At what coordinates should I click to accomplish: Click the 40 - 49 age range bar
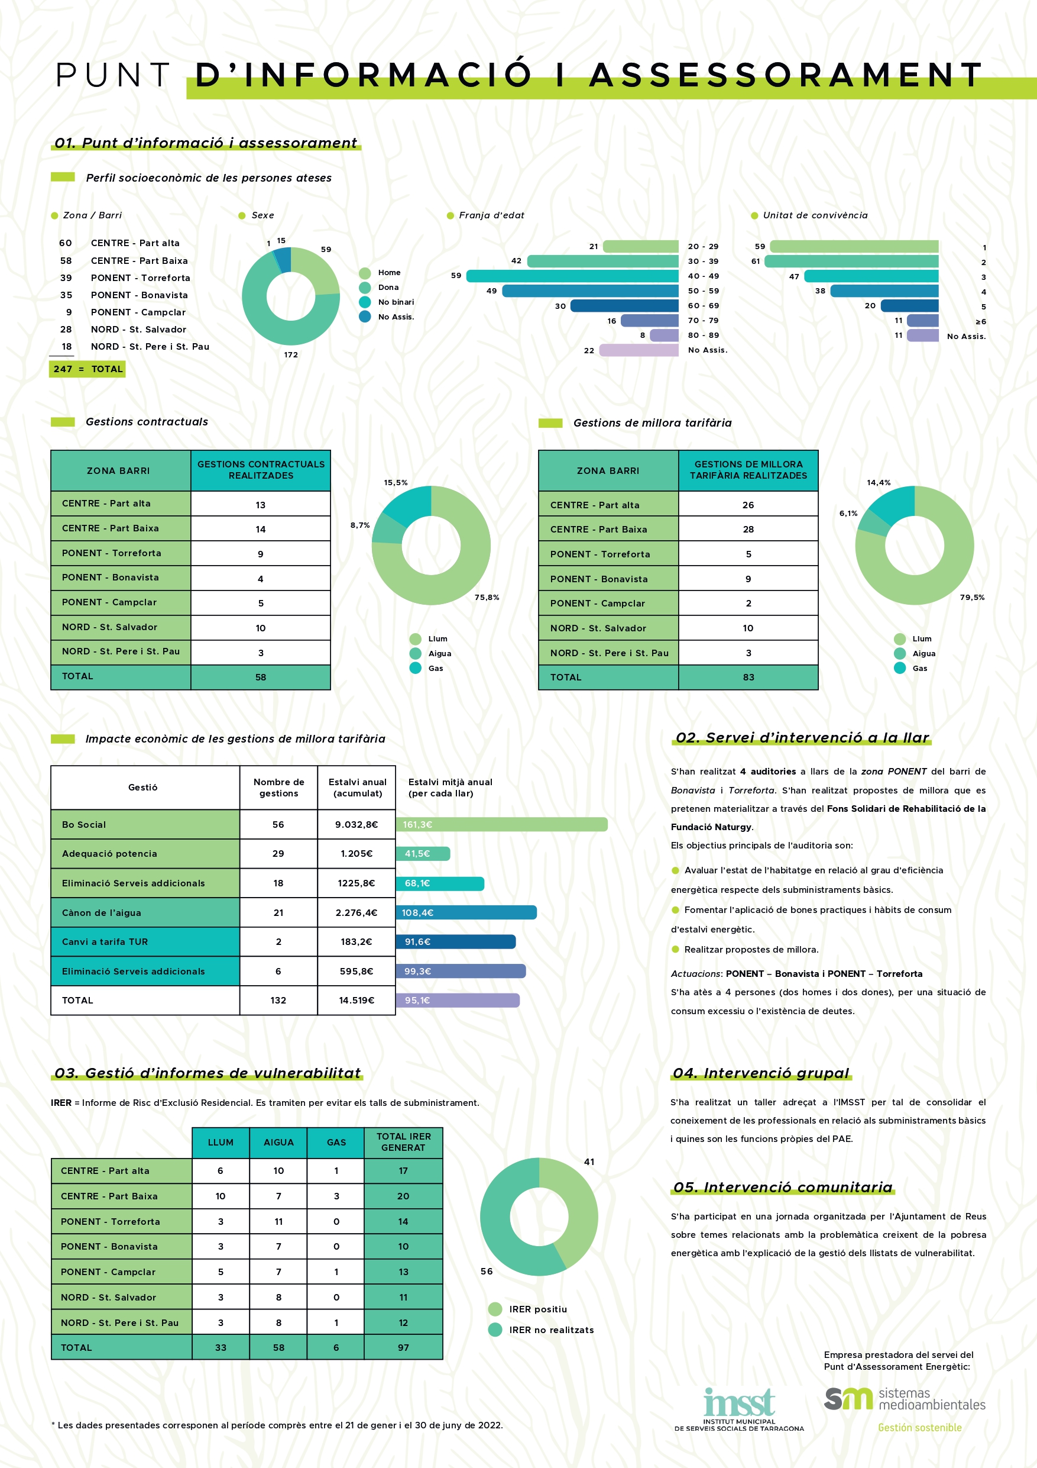(x=572, y=276)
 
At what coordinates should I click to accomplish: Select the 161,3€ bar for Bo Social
(x=501, y=825)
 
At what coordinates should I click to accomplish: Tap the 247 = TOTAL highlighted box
(x=88, y=369)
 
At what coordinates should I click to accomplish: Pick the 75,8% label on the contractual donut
(x=487, y=597)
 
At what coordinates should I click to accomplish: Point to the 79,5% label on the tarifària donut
(x=972, y=597)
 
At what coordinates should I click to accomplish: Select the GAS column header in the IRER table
(x=336, y=1143)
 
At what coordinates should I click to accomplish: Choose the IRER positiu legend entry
(x=528, y=1309)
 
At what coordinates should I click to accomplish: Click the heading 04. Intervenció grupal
(x=761, y=1073)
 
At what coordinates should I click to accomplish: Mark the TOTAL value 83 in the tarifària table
(x=748, y=677)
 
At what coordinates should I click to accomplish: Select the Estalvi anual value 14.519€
(x=357, y=1000)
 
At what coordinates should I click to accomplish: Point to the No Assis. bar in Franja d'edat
(x=639, y=350)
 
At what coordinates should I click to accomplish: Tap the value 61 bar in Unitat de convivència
(x=851, y=262)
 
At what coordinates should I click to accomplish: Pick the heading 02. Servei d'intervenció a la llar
(x=802, y=737)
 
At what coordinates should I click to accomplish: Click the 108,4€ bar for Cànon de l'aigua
(x=466, y=912)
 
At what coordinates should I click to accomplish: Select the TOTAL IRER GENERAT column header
(x=403, y=1143)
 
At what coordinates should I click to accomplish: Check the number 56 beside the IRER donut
(x=487, y=1271)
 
